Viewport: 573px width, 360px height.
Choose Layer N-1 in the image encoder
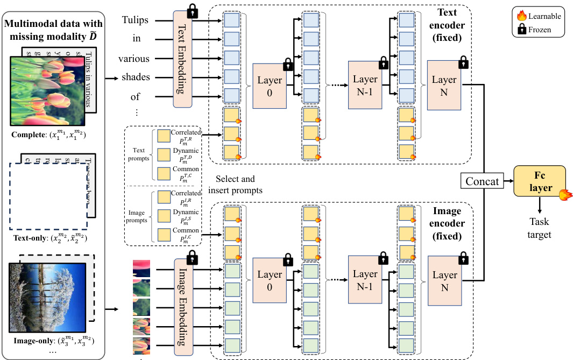point(365,280)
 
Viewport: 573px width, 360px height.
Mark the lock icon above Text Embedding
point(192,10)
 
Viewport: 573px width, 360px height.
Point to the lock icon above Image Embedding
point(192,255)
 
